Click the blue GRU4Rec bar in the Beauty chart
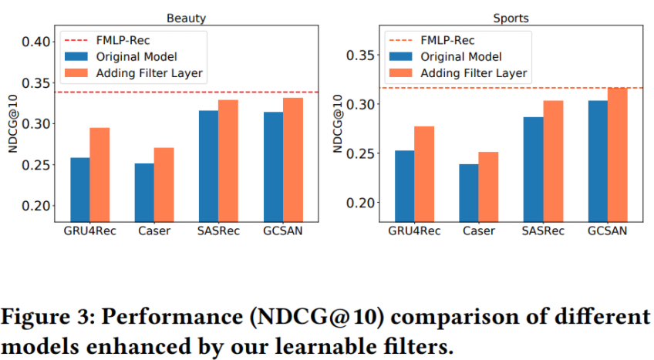tap(80, 190)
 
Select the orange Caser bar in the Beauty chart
tap(164, 184)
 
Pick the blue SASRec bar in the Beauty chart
tap(207, 167)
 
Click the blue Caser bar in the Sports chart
tap(468, 193)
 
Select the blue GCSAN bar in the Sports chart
tap(597, 161)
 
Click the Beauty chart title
tap(187, 17)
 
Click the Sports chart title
tap(511, 17)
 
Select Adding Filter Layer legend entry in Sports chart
tap(474, 72)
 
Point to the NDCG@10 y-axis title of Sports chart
tap(339, 123)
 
